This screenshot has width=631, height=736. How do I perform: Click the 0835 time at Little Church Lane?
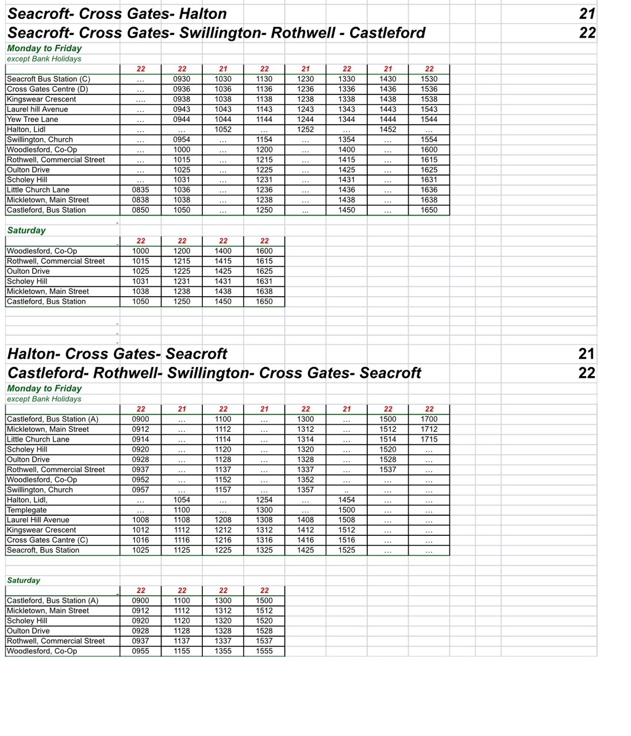pos(141,190)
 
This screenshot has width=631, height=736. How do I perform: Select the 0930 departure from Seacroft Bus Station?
pos(182,79)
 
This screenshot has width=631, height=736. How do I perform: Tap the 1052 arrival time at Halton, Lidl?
pos(223,129)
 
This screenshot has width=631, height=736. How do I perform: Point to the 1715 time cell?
pos(429,439)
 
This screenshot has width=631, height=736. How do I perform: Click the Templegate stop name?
pos(27,510)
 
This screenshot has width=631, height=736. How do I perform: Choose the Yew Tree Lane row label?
pos(33,119)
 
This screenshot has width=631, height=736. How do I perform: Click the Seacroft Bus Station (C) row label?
pos(49,79)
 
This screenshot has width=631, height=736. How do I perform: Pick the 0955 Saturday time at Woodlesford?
pos(141,651)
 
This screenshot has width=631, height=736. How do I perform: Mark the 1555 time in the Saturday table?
pos(264,651)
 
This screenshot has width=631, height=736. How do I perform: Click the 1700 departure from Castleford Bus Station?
pos(429,419)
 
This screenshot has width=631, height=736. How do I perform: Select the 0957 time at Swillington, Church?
pos(141,490)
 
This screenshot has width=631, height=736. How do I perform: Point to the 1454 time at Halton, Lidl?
pos(347,500)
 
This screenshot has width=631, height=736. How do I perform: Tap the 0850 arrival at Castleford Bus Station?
pos(141,210)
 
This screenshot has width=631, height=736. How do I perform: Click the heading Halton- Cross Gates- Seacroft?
pos(117,354)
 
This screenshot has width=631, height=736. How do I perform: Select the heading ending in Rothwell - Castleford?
pos(216,33)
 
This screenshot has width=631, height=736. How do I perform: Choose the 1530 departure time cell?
pos(429,79)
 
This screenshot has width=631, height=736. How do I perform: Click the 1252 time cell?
pos(306,129)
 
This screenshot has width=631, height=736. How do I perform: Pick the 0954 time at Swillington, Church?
pos(182,139)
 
